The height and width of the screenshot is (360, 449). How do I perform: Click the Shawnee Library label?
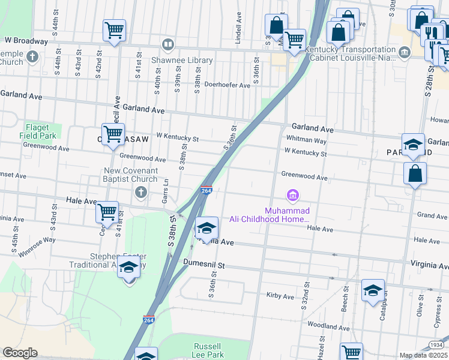[x=190, y=61]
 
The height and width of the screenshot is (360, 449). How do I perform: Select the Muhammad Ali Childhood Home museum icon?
[x=293, y=196]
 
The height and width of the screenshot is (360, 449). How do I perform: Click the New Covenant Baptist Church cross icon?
[x=140, y=192]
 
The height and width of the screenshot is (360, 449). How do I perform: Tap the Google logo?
[x=20, y=353]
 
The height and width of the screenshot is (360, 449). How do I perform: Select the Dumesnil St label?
[x=203, y=264]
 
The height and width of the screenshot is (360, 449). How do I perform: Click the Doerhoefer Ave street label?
[x=227, y=85]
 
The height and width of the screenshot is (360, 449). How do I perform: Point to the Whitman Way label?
[x=306, y=140]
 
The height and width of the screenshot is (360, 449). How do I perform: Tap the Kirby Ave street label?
[x=280, y=296]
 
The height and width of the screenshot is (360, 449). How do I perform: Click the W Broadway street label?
[x=26, y=41]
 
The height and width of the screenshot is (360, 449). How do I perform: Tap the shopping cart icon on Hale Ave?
[x=107, y=212]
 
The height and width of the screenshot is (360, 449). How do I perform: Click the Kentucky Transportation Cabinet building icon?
[x=405, y=52]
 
